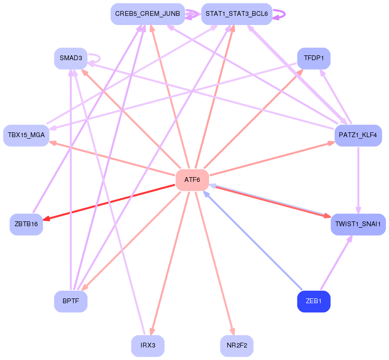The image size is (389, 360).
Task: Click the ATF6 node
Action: pyautogui.click(x=192, y=180)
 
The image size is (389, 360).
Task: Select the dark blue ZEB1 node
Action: pyautogui.click(x=314, y=301)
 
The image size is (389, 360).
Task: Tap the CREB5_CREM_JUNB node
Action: pyautogui.click(x=148, y=14)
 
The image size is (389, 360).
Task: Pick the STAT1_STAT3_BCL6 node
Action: pyautogui.click(x=237, y=14)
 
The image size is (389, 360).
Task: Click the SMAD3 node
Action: pyautogui.click(x=71, y=58)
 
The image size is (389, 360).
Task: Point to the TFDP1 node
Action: pyautogui.click(x=314, y=58)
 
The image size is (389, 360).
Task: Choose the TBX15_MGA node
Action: pyautogui.click(x=26, y=135)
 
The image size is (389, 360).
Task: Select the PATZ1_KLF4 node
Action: pyautogui.click(x=358, y=135)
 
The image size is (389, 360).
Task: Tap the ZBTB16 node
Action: pyautogui.click(x=26, y=224)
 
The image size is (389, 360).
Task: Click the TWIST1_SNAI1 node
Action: pyautogui.click(x=358, y=224)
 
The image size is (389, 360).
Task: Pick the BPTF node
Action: pyautogui.click(x=71, y=301)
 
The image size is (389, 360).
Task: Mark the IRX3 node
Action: pyautogui.click(x=148, y=346)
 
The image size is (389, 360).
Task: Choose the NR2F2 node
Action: pyautogui.click(x=237, y=346)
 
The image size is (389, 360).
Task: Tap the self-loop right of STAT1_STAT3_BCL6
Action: pyautogui.click(x=279, y=14)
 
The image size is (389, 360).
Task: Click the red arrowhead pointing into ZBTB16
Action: pyautogui.click(x=47, y=219)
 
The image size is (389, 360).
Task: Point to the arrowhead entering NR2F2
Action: pyautogui.click(x=233, y=332)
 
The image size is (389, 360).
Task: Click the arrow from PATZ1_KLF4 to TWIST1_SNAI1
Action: pyautogui.click(x=358, y=180)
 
